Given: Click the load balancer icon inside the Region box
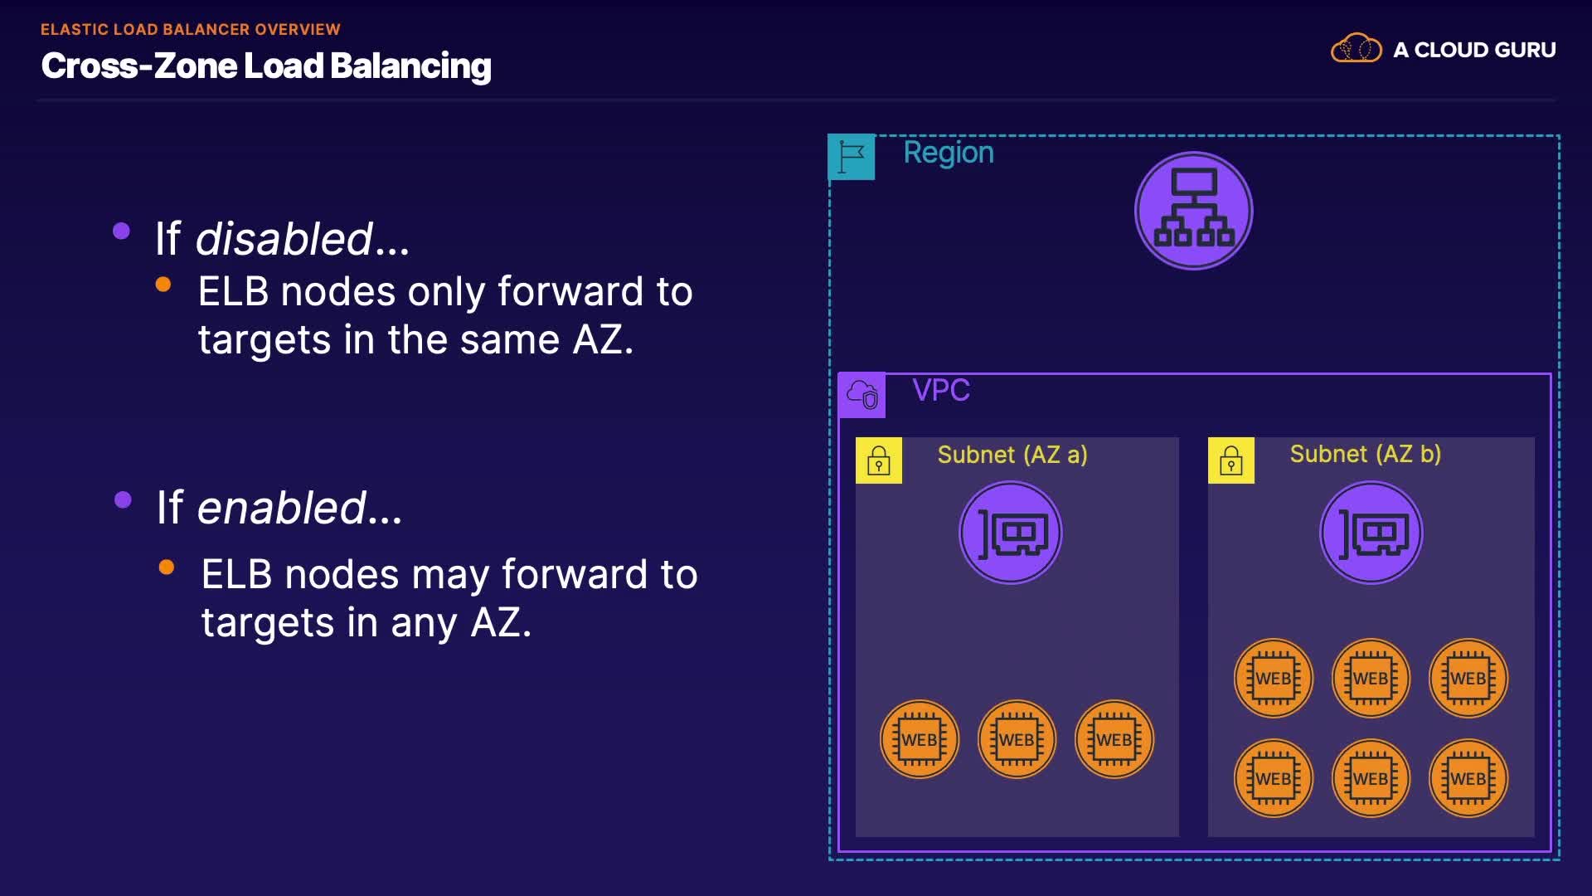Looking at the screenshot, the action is click(x=1193, y=211).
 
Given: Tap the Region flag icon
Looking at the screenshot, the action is click(x=852, y=157).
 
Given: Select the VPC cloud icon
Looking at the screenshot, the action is click(x=862, y=395).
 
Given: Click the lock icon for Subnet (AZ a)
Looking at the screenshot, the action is click(x=879, y=460).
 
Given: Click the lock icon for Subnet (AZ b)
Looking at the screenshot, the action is click(x=1231, y=460).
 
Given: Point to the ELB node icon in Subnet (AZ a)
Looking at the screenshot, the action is click(x=1011, y=533).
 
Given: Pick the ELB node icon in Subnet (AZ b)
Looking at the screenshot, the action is click(x=1371, y=533).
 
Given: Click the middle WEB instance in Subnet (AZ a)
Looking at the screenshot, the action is click(x=1017, y=739).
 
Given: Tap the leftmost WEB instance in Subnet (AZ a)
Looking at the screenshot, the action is click(x=920, y=739).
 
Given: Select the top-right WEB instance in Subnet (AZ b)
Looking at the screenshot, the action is click(x=1468, y=678).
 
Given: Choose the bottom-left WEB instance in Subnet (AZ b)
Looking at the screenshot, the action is click(x=1274, y=778).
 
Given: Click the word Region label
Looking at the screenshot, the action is click(x=949, y=153).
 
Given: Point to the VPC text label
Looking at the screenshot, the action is click(x=941, y=390).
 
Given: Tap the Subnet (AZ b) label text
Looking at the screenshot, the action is click(x=1366, y=454).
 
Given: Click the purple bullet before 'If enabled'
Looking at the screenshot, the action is click(x=123, y=499).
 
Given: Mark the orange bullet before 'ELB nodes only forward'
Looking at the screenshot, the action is click(x=163, y=285).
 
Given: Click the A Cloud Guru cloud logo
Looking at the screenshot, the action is click(x=1357, y=49).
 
